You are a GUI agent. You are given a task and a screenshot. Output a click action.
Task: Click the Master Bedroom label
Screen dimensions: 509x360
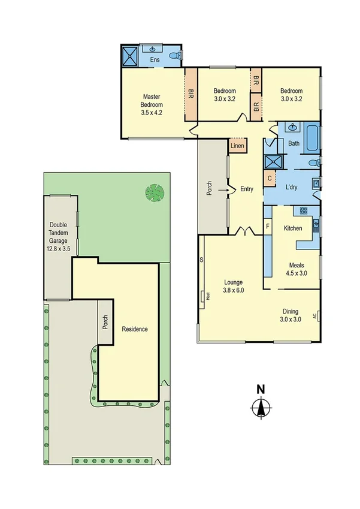pyautogui.click(x=152, y=104)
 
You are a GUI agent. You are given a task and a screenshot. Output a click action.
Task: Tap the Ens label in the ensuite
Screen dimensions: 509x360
pyautogui.click(x=155, y=59)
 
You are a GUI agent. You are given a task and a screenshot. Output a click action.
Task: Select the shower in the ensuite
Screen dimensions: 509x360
pyautogui.click(x=131, y=56)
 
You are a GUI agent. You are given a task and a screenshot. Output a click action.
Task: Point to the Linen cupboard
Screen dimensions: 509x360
pyautogui.click(x=237, y=146)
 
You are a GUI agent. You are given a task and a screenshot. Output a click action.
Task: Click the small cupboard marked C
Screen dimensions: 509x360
pyautogui.click(x=270, y=178)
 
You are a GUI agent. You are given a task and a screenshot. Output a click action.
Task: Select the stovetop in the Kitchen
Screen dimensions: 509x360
pyautogui.click(x=303, y=210)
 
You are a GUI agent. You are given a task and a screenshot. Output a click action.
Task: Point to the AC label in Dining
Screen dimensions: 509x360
pyautogui.click(x=314, y=316)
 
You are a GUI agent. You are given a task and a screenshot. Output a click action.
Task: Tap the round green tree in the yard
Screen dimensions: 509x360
pyautogui.click(x=154, y=193)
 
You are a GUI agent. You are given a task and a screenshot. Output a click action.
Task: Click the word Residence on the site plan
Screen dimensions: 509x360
pyautogui.click(x=134, y=329)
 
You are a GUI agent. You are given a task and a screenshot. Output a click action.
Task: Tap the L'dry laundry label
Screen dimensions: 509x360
pyautogui.click(x=292, y=188)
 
